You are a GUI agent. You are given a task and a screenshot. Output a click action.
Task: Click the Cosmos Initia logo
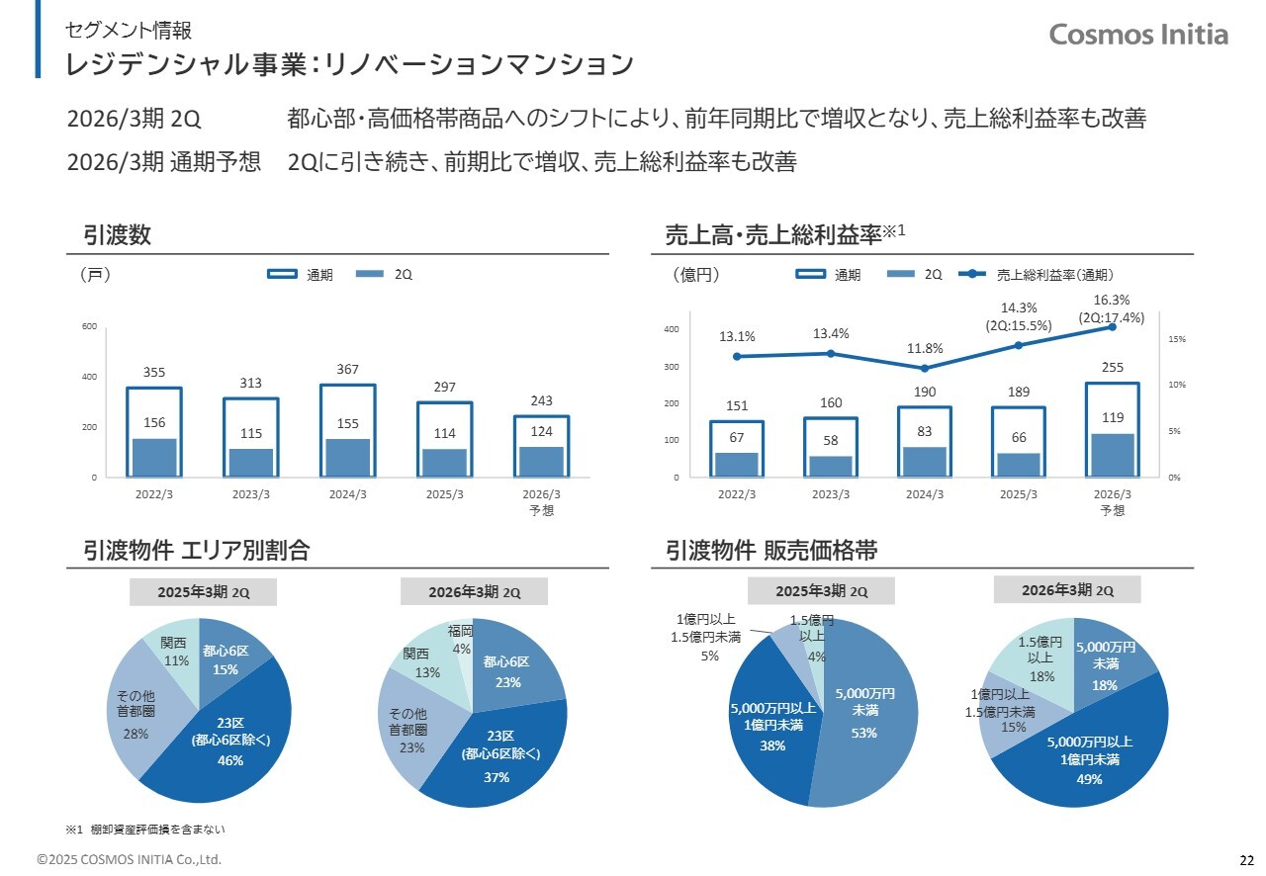[x=1138, y=35]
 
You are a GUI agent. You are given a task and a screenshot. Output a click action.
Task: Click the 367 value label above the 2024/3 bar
[x=347, y=369]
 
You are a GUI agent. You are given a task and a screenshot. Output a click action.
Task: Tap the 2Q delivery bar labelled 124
[x=541, y=462]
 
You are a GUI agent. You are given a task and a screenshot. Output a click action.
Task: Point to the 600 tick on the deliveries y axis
[x=89, y=326]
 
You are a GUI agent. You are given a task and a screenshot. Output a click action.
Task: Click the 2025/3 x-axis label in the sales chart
[x=1018, y=494]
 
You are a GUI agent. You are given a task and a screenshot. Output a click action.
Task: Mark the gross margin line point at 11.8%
[x=924, y=368]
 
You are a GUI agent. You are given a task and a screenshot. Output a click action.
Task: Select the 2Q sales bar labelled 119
[x=1113, y=455]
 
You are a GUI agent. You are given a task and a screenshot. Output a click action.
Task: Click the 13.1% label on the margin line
[x=737, y=336]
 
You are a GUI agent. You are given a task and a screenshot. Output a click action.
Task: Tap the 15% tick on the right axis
[x=1177, y=339]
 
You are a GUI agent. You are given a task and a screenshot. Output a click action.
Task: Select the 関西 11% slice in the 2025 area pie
[x=176, y=648]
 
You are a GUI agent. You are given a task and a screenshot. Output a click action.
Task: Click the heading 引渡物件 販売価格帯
[x=771, y=551]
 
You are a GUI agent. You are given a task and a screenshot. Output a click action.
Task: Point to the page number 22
[x=1246, y=858]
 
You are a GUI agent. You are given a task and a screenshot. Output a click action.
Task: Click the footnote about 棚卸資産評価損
[x=152, y=829]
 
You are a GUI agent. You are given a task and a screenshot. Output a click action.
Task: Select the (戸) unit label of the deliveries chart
[x=94, y=275]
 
